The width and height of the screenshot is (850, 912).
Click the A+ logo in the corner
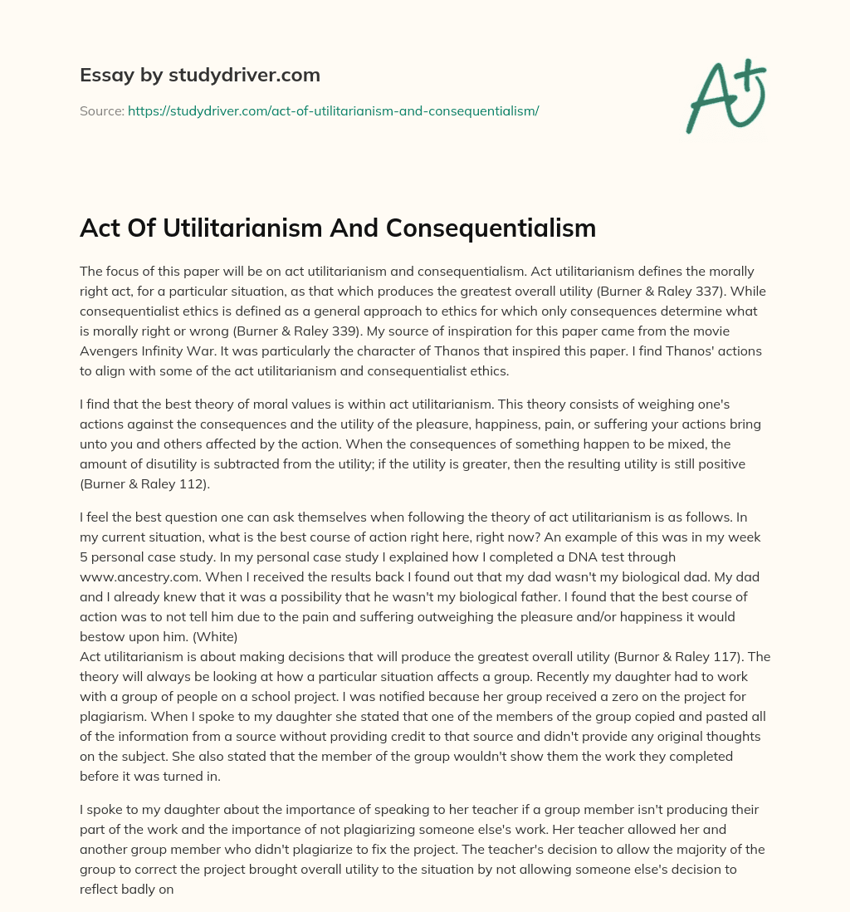pyautogui.click(x=725, y=97)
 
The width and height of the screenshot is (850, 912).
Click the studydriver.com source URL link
pyautogui.click(x=333, y=110)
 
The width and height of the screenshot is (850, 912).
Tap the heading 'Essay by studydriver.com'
pyautogui.click(x=200, y=75)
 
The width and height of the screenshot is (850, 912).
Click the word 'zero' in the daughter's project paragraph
pyautogui.click(x=540, y=696)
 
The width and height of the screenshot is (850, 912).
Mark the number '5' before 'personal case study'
pyautogui.click(x=85, y=557)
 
